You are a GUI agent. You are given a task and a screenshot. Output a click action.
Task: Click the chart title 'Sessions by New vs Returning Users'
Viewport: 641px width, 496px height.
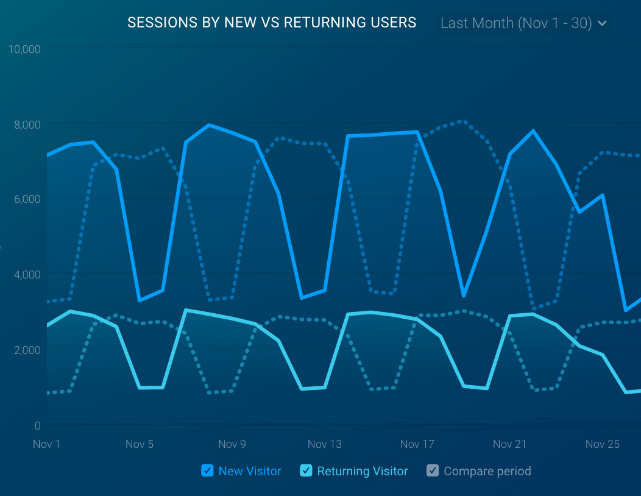point(272,23)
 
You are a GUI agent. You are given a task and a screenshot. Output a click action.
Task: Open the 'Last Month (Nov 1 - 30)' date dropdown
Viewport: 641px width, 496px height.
point(516,24)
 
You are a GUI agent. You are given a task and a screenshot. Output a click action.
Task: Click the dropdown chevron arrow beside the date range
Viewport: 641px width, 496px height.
point(603,24)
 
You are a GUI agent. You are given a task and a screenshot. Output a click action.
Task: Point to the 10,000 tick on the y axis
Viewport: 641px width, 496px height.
point(24,49)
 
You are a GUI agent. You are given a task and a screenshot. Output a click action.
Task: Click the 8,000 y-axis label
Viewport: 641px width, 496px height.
point(27,124)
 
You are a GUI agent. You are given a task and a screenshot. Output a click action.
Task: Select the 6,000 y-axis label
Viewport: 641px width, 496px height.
point(27,199)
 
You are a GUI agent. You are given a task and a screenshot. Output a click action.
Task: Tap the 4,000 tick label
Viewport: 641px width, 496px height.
point(27,275)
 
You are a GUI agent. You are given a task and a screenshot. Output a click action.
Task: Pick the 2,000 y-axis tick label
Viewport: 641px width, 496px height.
point(27,350)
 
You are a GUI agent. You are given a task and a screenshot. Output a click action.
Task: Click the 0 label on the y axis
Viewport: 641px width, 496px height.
point(37,425)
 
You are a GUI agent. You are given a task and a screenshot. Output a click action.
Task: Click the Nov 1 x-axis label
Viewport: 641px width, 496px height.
point(47,444)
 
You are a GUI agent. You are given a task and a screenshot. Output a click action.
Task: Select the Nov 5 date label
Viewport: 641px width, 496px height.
point(140,444)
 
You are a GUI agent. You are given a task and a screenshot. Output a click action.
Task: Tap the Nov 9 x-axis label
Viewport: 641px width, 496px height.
point(232,444)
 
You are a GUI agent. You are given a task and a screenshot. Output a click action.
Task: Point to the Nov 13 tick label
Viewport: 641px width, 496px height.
point(325,444)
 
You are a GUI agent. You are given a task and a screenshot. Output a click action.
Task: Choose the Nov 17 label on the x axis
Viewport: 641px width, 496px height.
point(417,444)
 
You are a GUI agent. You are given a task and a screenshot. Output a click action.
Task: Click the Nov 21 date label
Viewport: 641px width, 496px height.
point(509,444)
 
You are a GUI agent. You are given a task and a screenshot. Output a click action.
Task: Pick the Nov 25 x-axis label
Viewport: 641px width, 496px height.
point(603,444)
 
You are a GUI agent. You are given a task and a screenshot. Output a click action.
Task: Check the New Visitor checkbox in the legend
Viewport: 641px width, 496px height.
point(207,470)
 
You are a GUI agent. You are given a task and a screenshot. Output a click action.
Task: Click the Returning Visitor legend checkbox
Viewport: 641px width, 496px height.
point(306,470)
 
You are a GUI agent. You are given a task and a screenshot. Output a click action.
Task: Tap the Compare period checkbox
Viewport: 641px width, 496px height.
point(433,470)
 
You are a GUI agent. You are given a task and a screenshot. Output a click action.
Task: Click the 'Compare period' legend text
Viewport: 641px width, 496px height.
point(487,471)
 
